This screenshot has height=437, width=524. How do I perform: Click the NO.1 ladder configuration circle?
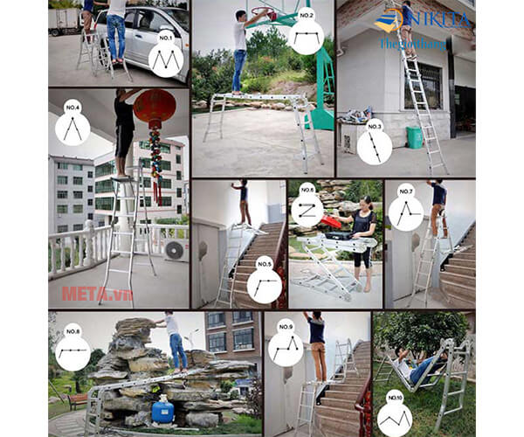click(167, 54)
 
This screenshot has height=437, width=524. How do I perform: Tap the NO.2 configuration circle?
click(305, 36)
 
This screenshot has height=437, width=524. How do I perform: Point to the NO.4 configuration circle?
click(72, 125)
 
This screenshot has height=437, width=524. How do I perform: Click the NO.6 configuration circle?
click(307, 208)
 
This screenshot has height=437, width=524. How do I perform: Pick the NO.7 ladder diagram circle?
click(405, 209)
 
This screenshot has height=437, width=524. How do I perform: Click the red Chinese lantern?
click(155, 108)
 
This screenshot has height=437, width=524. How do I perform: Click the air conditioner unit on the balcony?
click(175, 250)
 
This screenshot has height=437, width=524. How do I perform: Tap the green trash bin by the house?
click(412, 137)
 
